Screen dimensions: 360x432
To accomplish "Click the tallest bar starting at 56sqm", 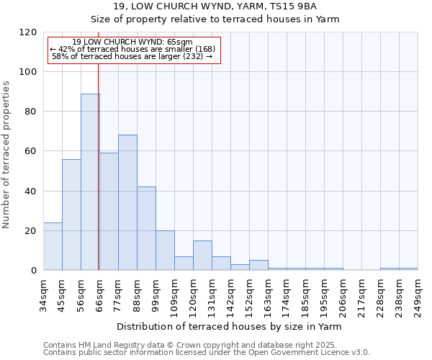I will (90, 181).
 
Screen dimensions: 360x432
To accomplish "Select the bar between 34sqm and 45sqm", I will (53, 246).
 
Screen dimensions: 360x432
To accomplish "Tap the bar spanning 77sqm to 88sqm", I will (127, 202).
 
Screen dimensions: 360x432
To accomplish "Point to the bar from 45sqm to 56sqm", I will (71, 215).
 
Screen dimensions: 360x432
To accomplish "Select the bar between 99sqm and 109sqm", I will (165, 251).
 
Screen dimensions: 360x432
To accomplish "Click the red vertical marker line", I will (98, 158).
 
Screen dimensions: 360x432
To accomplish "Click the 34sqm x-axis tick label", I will (44, 294).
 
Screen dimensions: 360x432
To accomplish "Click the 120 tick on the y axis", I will (28, 32).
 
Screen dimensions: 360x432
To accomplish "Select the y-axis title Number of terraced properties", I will (6, 155).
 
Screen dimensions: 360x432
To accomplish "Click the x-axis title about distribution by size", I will (229, 326).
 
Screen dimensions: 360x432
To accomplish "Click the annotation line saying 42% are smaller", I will (132, 49).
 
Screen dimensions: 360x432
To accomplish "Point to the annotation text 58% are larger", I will (132, 56).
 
